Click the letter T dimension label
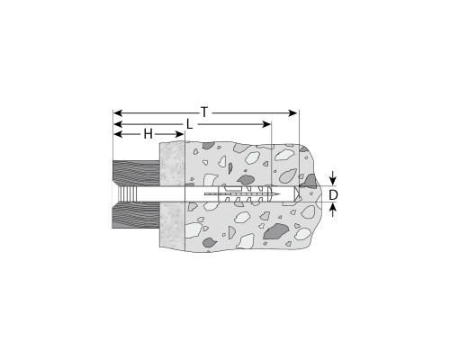pos(204,112)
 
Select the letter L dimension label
pos(189,124)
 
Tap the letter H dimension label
pos(148,134)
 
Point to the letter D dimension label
pos(333,195)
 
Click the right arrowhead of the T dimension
pos(292,113)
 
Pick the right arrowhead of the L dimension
pos(267,124)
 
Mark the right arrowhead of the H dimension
pos(179,134)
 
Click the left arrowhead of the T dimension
pos(118,113)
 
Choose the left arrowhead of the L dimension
pos(118,124)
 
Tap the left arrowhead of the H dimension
pos(118,134)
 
